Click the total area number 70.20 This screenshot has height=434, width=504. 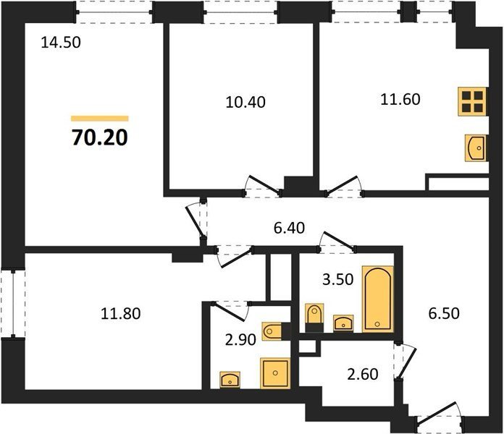pos(100,138)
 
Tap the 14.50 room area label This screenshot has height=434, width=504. pos(61,43)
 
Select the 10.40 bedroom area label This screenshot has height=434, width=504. pos(245,103)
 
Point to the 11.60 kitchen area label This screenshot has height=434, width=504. pos(400,100)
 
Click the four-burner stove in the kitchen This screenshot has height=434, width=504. pos(472,101)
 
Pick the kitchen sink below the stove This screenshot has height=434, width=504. pos(475,148)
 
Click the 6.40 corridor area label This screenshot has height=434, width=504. pos(289,228)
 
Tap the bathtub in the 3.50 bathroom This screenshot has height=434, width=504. pos(378,299)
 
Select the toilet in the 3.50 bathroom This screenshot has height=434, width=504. pos(314,317)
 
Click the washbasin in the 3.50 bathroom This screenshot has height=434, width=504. pos(343,323)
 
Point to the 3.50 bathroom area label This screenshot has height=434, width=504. pos(338,280)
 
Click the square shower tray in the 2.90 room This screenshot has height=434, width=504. pos(275,373)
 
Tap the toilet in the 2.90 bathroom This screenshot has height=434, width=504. pos(272,331)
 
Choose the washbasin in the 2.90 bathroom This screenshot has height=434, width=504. pos(230,380)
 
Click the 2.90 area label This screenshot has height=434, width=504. pos(240,340)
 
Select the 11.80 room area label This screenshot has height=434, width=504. pos(120,314)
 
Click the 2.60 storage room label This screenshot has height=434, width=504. pos(363,375)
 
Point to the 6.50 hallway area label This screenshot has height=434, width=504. pos(444,313)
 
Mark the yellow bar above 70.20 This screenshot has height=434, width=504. pos(100,119)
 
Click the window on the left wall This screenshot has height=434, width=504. pos(13,303)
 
